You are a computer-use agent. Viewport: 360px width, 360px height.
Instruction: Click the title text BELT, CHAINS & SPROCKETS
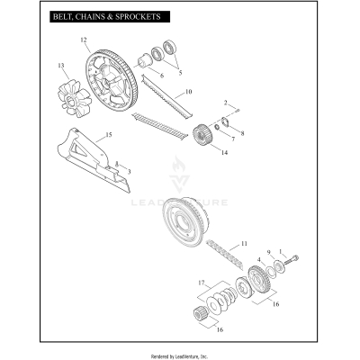click(x=94, y=17)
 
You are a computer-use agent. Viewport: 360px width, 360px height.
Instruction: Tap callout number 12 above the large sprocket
click(x=84, y=41)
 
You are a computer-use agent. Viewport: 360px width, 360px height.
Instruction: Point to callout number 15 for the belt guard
click(x=109, y=135)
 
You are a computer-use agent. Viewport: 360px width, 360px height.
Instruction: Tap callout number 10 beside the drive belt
click(x=188, y=93)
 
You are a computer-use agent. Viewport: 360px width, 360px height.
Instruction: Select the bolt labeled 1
click(x=294, y=261)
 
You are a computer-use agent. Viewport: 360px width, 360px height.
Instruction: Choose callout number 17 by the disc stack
click(x=202, y=283)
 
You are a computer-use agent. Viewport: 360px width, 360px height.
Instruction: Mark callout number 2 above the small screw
click(x=226, y=103)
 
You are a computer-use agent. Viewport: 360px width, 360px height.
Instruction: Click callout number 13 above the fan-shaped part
click(x=61, y=66)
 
